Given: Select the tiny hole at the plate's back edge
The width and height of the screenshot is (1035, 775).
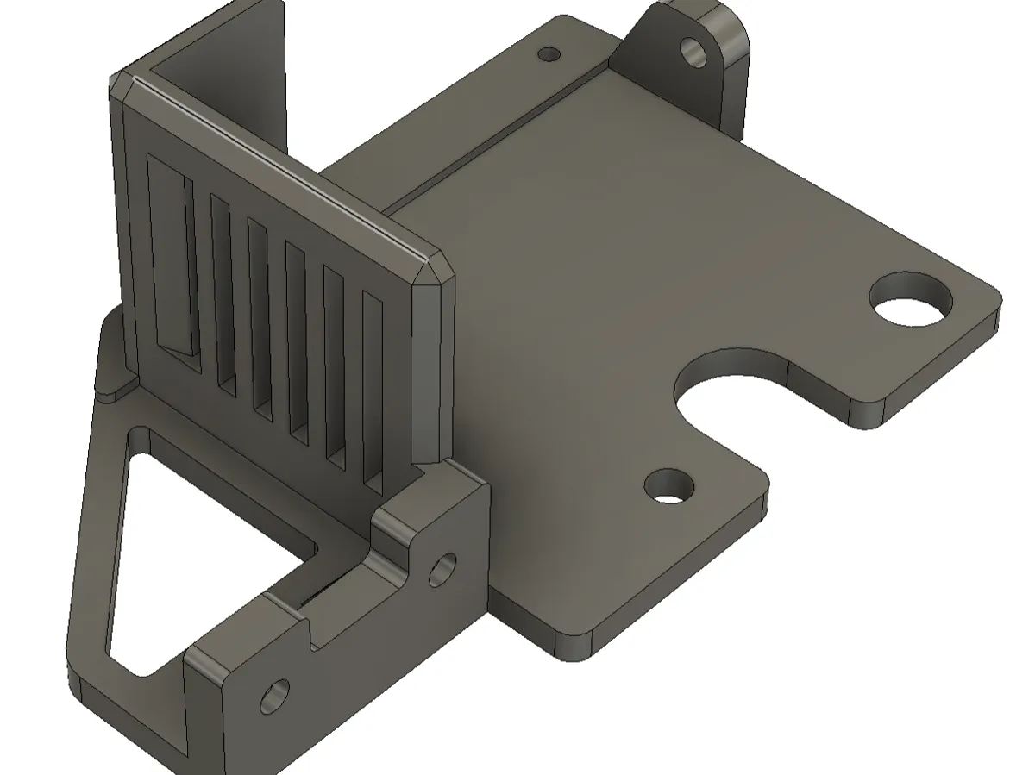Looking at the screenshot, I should [549, 54].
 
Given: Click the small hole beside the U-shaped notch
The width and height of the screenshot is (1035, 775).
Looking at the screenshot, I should [668, 486].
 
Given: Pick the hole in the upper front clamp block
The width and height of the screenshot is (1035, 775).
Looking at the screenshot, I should [442, 568].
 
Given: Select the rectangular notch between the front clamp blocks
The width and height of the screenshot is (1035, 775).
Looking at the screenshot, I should [336, 603].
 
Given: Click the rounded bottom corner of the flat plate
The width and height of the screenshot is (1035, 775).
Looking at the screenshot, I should [574, 647].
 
